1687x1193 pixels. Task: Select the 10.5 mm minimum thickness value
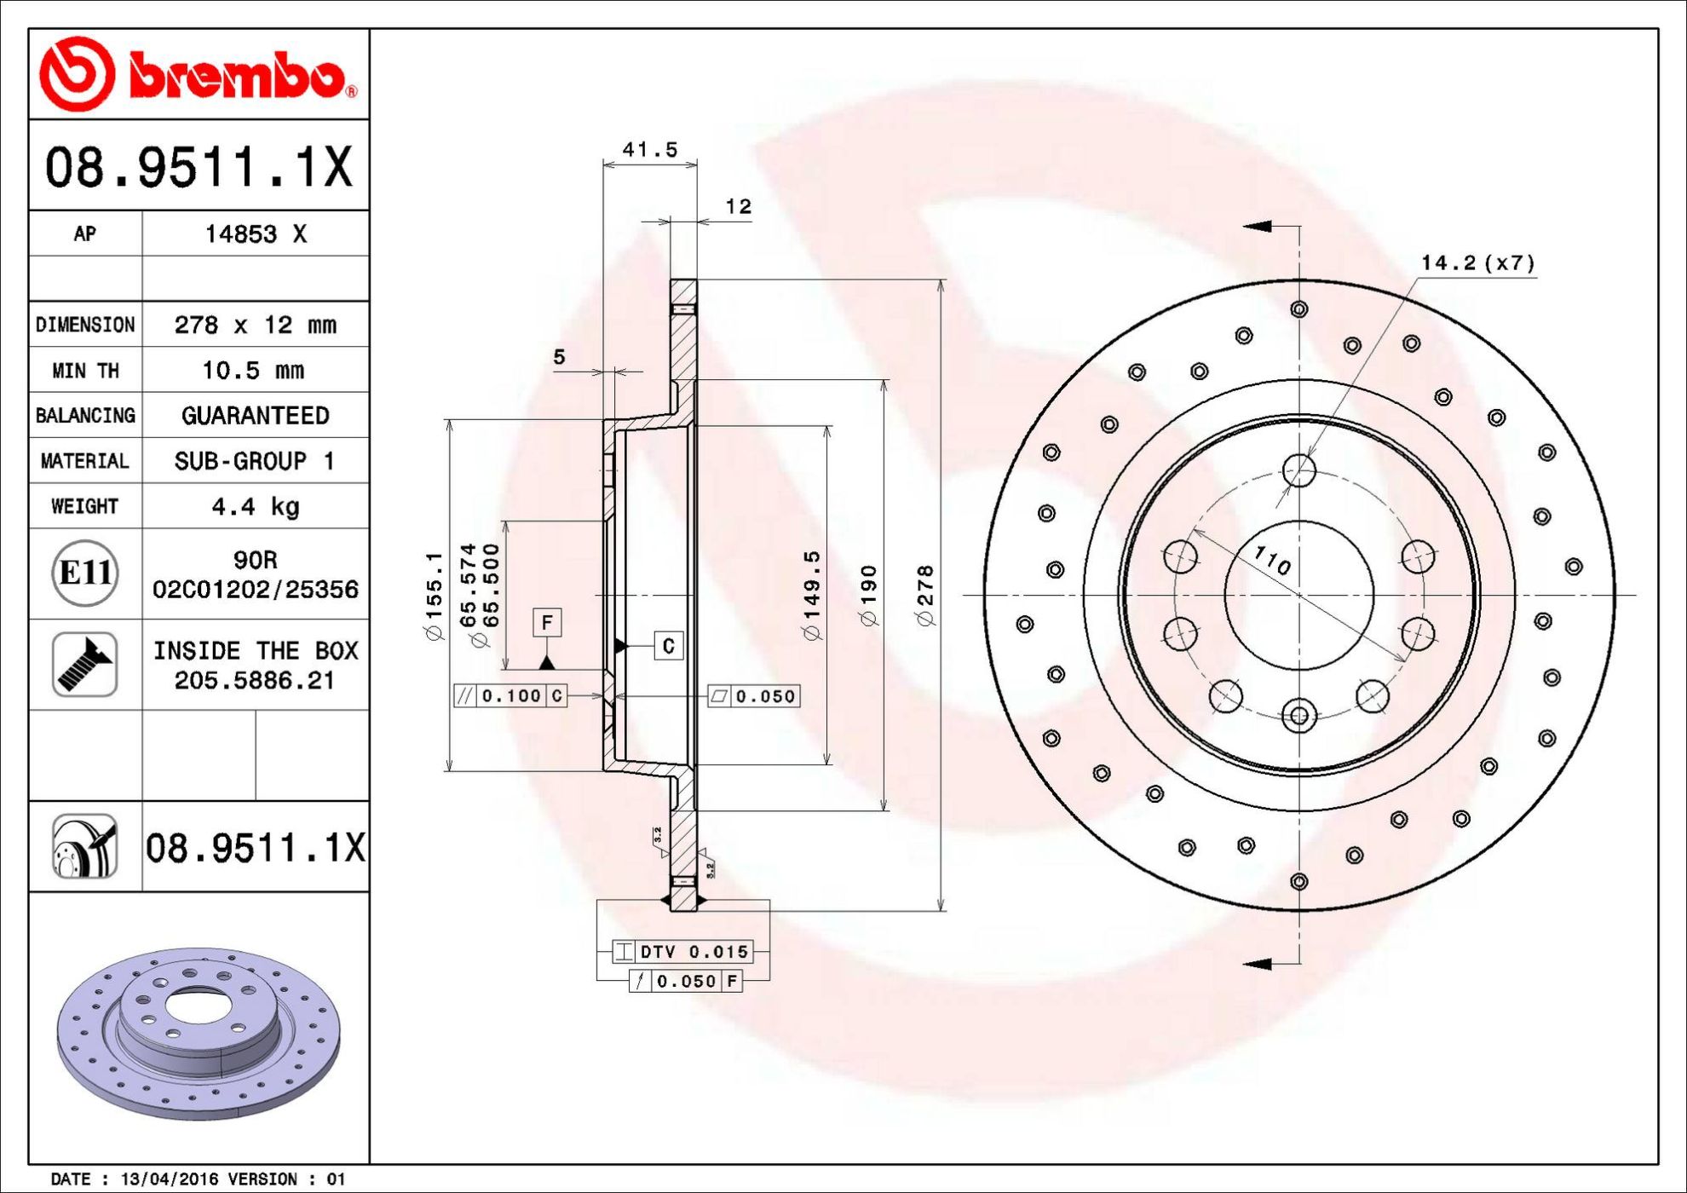pos(253,370)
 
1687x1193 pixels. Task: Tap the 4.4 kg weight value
pos(256,507)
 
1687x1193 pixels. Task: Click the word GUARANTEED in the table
pos(256,415)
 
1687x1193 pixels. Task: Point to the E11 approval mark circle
pos(85,573)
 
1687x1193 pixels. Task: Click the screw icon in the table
pos(85,665)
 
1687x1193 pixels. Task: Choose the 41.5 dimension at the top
pos(650,149)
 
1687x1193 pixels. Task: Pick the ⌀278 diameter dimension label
pos(925,595)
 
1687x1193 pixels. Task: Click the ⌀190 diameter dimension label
pos(868,595)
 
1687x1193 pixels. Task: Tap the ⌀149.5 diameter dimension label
pos(812,595)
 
